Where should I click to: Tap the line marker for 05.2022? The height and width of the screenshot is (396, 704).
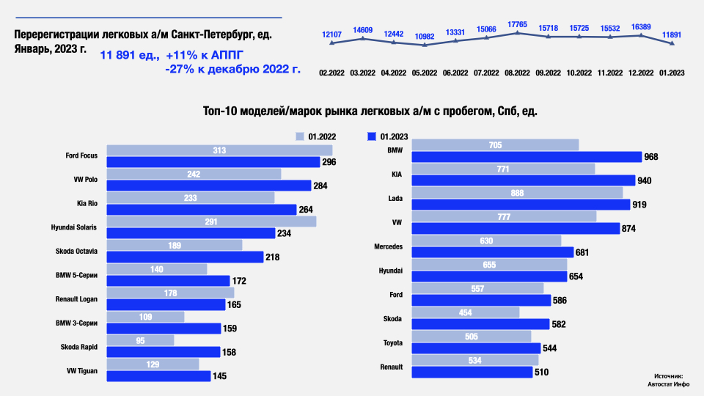pos(425,45)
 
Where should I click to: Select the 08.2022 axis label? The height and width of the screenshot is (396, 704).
pos(518,73)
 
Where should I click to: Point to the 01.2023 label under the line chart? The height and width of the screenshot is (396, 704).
pos(672,73)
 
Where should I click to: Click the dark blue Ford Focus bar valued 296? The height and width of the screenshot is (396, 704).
pos(213,162)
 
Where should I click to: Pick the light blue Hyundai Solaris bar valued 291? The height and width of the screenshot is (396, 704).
pos(211,221)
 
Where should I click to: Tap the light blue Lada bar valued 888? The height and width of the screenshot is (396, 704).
pos(517,192)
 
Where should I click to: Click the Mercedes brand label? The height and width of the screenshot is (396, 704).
pos(388,247)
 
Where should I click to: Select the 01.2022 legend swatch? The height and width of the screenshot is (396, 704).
pos(299,136)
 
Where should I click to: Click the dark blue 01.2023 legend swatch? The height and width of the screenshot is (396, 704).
pos(372,136)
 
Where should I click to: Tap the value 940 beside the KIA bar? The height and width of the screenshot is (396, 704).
pos(645,180)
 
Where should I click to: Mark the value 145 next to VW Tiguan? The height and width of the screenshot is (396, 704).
pos(219,377)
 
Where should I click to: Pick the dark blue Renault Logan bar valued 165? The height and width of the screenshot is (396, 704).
pos(166,305)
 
